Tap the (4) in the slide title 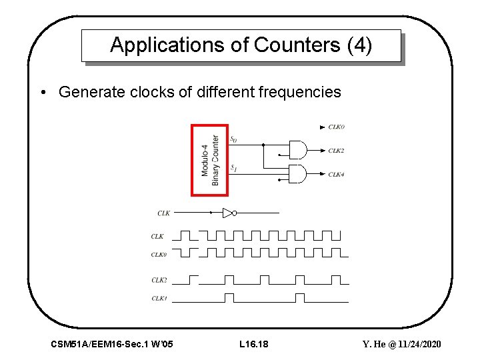click(x=359, y=45)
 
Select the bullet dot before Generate click(x=42, y=92)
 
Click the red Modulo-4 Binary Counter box click(x=210, y=160)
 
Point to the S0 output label click(x=233, y=140)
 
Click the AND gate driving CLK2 click(x=297, y=149)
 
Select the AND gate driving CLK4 click(x=297, y=175)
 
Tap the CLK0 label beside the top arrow click(x=336, y=127)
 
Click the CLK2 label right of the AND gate click(x=336, y=151)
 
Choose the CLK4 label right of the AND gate click(x=336, y=175)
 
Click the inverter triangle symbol click(x=227, y=213)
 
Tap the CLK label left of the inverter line click(x=163, y=213)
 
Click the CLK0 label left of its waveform click(x=158, y=254)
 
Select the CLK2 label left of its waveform click(x=158, y=280)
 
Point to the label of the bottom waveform click(x=158, y=298)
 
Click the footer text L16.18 click(x=253, y=344)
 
